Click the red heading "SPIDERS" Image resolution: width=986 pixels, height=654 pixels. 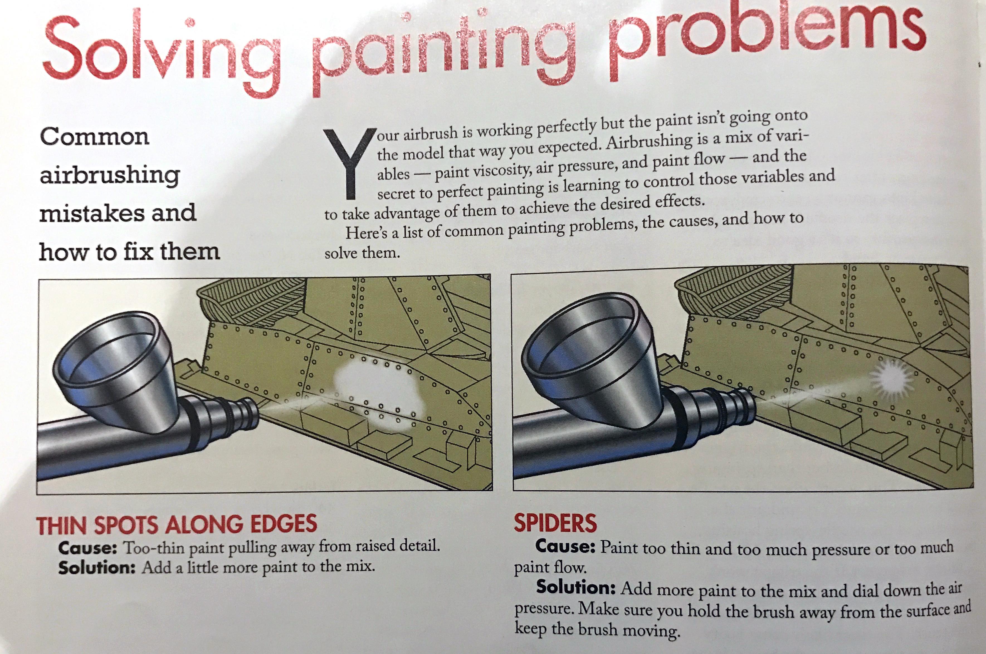pyautogui.click(x=555, y=523)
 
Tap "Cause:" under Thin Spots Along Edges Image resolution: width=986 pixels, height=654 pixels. pyautogui.click(x=87, y=548)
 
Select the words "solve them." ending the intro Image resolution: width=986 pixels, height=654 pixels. pyautogui.click(x=362, y=253)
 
